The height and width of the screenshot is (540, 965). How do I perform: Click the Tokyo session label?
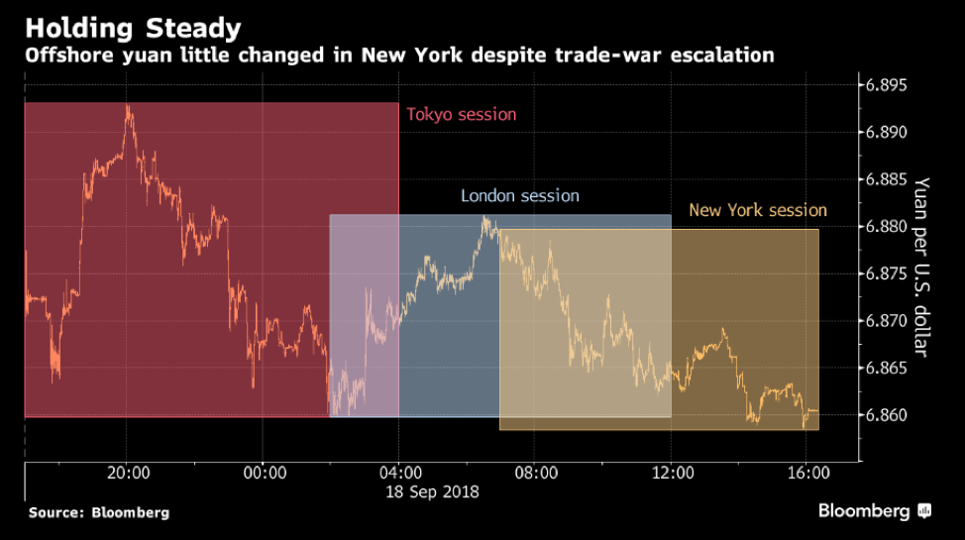click(461, 114)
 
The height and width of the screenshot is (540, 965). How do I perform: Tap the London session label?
click(519, 196)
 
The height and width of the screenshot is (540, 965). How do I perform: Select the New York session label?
click(757, 210)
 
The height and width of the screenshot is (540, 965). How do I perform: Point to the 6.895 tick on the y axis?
click(887, 85)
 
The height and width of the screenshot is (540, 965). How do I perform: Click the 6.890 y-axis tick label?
click(887, 133)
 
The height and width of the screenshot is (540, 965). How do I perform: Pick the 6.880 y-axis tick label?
click(887, 227)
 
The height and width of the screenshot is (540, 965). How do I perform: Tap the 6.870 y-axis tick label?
click(887, 321)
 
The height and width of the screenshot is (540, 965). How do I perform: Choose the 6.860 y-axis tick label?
click(887, 415)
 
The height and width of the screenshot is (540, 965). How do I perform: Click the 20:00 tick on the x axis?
click(127, 474)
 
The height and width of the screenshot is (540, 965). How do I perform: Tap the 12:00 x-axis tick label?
click(672, 474)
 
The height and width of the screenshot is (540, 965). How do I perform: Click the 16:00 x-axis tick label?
click(808, 474)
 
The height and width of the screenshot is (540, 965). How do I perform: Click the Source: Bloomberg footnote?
click(98, 513)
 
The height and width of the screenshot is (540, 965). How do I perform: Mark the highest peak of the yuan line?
click(128, 106)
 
